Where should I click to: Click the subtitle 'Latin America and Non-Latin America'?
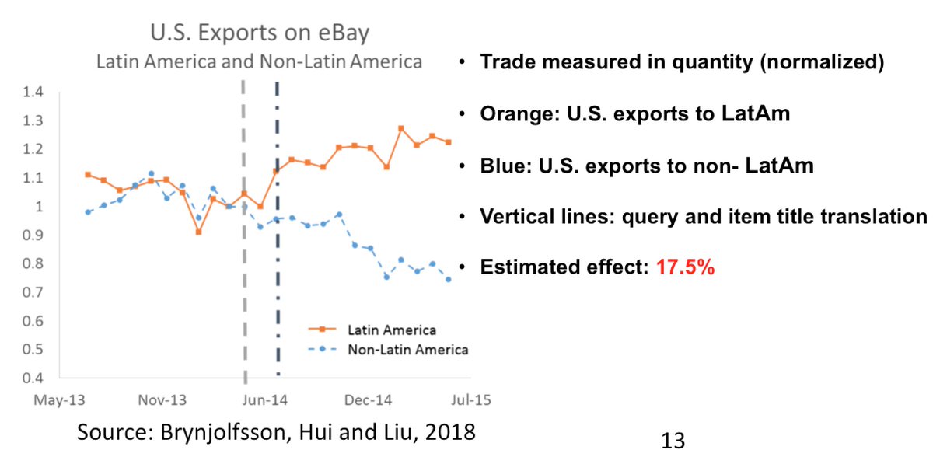[x=259, y=61]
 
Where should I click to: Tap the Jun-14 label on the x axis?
[x=264, y=401]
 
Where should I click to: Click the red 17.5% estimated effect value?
[x=686, y=268]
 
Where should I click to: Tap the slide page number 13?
[x=673, y=440]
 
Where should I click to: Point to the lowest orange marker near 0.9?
[x=198, y=232]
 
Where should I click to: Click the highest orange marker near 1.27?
[x=401, y=128]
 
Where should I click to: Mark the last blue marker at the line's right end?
[x=448, y=280]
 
